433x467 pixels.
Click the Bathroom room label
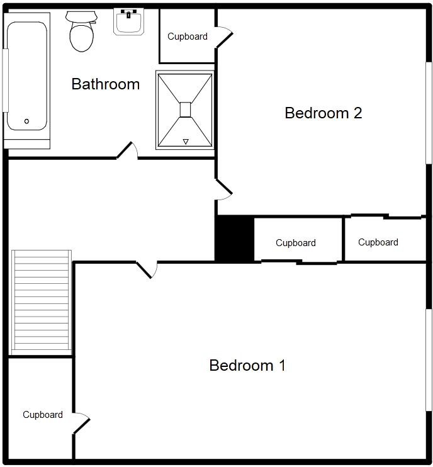pos(105,84)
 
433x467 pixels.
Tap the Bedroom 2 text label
pos(323,113)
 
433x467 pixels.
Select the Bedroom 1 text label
pos(247,366)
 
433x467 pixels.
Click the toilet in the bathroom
pos(81,32)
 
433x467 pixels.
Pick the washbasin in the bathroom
pos(129,21)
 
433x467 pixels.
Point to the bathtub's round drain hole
pos(26,121)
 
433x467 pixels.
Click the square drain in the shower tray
pos(185,110)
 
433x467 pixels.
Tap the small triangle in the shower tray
pos(186,142)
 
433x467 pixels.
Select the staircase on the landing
pos(42,301)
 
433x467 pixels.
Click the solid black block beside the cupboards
pos(234,239)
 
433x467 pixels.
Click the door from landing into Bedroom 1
pos(146,269)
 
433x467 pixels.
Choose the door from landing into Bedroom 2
pos(223,188)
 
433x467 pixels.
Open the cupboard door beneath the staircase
pos(81,424)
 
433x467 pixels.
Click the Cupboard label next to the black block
pos(296,243)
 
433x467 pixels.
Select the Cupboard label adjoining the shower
pos(188,37)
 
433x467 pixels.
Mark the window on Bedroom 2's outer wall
pos(429,113)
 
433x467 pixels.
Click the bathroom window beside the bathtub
pos(6,80)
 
